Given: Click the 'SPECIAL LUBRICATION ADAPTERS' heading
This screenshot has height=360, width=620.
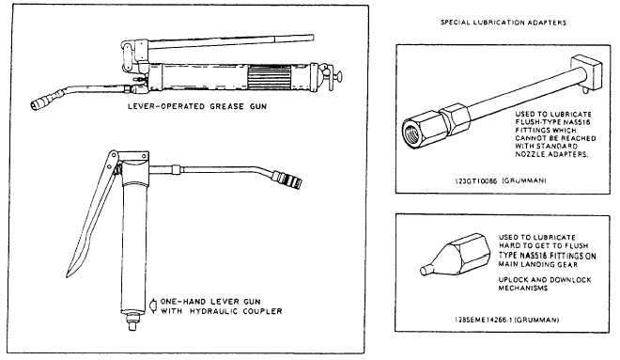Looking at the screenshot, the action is click(504, 23).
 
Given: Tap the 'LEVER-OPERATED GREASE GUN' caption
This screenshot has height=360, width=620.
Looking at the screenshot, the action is click(197, 106).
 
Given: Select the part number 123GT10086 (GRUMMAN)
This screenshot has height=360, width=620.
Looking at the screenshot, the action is click(500, 180).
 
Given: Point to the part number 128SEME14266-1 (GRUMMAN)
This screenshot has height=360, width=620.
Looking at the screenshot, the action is click(506, 320).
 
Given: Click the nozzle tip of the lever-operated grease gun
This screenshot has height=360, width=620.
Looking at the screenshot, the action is click(37, 105).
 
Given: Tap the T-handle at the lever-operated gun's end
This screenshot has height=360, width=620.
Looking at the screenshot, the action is click(336, 75).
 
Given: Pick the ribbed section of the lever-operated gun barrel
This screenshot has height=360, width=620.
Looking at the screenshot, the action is click(269, 77).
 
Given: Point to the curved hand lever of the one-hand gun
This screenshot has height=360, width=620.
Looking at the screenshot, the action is click(90, 213).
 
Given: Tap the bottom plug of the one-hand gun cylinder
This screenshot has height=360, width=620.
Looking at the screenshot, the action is click(132, 321).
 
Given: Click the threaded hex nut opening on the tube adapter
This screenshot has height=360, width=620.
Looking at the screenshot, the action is click(413, 133).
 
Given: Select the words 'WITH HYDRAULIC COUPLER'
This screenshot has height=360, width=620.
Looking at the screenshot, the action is click(221, 311).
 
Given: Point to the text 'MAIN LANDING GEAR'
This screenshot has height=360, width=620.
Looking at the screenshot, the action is click(537, 264).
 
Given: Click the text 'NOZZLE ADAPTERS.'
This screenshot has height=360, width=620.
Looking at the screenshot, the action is click(551, 154).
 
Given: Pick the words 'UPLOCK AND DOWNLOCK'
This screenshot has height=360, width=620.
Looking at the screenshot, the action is click(545, 280).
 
